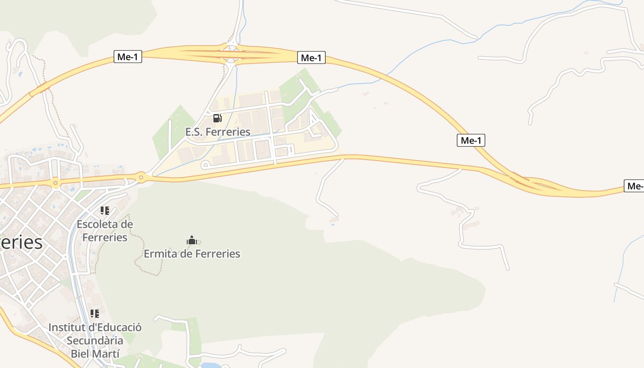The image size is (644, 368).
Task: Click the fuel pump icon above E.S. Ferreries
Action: (x=218, y=118)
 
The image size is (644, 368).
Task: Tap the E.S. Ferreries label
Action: (x=218, y=132)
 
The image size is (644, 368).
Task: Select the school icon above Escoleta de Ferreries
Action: (x=105, y=211)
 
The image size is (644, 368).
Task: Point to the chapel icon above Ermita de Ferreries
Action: (x=192, y=240)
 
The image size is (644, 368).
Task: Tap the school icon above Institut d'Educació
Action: (x=95, y=314)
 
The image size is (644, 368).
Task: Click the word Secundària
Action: (x=95, y=341)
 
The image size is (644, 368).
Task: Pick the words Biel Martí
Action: (x=95, y=354)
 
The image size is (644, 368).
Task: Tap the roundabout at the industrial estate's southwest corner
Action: (x=141, y=177)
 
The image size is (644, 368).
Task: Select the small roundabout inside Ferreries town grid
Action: (x=56, y=183)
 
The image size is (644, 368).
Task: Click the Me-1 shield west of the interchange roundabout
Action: (x=128, y=57)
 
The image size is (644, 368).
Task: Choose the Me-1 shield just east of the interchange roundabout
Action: (x=311, y=58)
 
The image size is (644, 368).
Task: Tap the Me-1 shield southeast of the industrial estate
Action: (x=471, y=141)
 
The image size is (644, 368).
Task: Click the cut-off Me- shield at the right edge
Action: (x=634, y=186)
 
